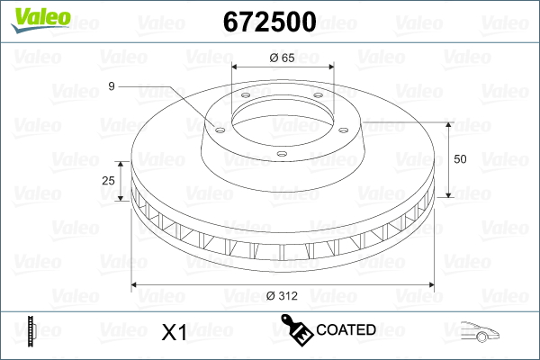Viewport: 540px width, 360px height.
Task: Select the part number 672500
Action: [269, 22]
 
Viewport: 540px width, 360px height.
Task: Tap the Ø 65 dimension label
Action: [283, 57]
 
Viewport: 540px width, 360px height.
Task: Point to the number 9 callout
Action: [111, 86]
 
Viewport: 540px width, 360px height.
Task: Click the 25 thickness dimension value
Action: [109, 181]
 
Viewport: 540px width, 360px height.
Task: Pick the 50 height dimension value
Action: [460, 159]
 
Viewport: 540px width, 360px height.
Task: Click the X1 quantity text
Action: [173, 333]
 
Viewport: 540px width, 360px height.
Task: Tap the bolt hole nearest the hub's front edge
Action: [281, 155]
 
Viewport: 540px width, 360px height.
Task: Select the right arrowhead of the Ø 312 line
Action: [429, 285]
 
